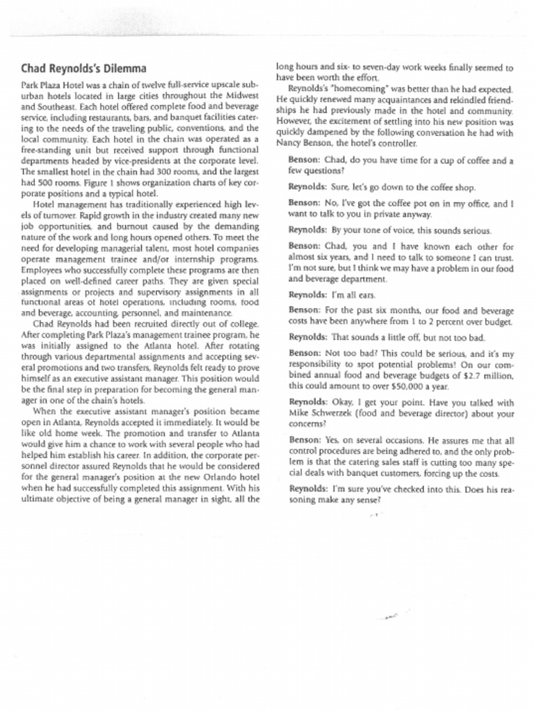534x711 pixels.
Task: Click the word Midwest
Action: [240, 95]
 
